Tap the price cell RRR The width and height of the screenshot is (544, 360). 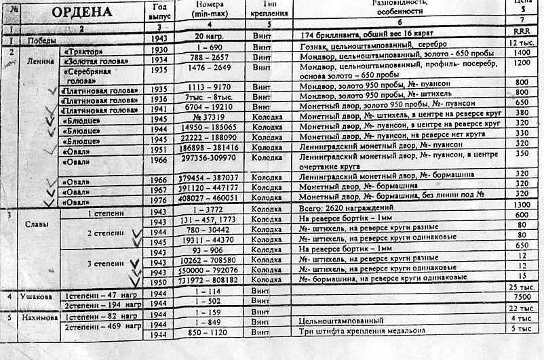520,31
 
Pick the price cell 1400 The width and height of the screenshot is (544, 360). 521,52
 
